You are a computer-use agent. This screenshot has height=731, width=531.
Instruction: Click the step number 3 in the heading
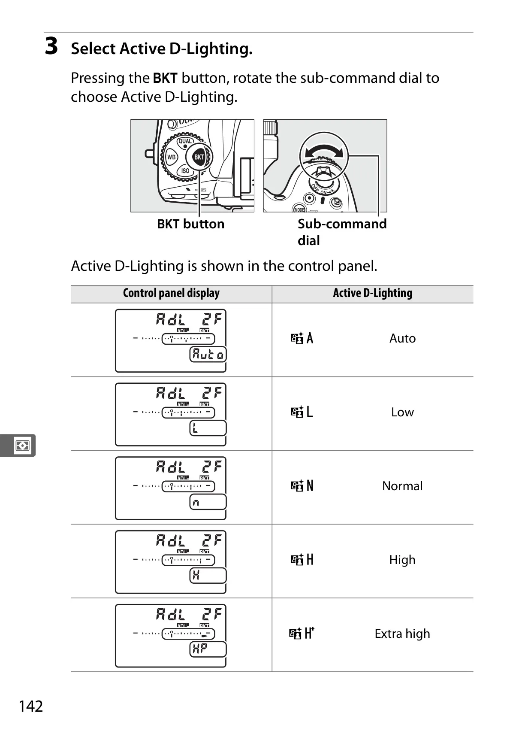(x=51, y=46)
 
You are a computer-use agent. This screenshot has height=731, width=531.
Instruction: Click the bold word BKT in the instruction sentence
(x=165, y=78)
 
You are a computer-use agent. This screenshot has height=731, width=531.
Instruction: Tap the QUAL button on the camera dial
(x=185, y=141)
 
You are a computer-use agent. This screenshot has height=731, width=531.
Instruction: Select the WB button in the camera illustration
(x=171, y=157)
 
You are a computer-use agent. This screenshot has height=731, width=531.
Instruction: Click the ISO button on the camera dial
(x=185, y=170)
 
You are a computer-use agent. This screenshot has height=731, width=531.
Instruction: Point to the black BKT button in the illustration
(x=199, y=157)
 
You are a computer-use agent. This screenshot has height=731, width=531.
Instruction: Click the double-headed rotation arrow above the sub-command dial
(x=323, y=150)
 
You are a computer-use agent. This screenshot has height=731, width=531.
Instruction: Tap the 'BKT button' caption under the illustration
(x=191, y=224)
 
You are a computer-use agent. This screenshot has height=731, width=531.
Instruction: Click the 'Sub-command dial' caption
(x=342, y=232)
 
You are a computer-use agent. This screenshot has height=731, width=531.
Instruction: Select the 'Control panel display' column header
(x=171, y=293)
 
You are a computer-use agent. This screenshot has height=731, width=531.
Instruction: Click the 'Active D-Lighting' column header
(x=372, y=293)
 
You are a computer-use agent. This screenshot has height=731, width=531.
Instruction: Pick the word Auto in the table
(x=402, y=338)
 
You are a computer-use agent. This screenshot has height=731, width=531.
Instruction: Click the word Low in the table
(x=402, y=412)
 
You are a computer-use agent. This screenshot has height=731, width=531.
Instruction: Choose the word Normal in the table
(x=402, y=486)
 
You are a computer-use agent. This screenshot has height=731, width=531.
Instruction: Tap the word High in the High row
(x=402, y=560)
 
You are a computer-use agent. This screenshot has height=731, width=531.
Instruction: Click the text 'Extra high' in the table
(x=402, y=634)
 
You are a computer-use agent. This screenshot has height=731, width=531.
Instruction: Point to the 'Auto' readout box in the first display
(x=208, y=355)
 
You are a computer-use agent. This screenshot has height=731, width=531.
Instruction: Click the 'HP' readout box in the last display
(x=208, y=649)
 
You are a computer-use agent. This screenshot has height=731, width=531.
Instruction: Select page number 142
(x=31, y=706)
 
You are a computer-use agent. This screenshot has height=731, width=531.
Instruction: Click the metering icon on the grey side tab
(x=22, y=445)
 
